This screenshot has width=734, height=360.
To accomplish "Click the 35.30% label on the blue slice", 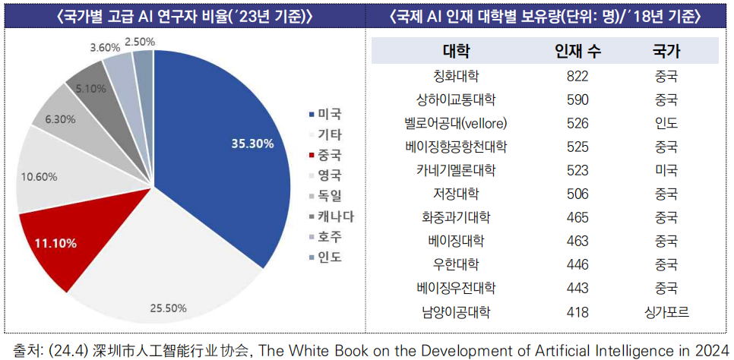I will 252,144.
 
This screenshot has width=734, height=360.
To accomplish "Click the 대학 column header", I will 456,52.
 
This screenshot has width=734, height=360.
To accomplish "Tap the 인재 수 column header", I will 578,52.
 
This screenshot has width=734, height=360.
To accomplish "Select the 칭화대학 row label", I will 456,76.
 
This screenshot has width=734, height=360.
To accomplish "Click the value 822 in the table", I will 577,76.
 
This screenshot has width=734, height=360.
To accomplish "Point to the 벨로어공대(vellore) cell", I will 456,123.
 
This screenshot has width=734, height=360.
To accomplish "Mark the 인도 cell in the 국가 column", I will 666,123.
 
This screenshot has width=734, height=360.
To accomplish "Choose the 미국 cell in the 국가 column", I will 666,170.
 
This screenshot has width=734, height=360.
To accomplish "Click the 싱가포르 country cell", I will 666,311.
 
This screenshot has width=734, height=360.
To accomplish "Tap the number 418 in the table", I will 577,311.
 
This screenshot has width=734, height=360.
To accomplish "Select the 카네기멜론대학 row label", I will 456,170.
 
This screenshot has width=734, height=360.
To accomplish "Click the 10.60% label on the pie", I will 39,176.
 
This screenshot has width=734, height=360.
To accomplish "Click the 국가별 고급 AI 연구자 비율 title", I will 184,16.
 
